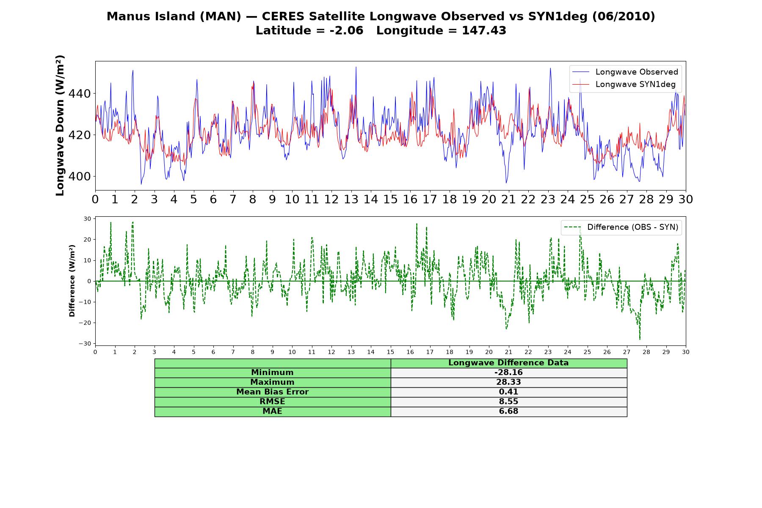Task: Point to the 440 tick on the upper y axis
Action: click(80, 94)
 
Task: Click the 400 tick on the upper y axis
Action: click(80, 177)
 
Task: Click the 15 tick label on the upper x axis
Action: click(390, 199)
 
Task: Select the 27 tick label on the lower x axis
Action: click(627, 352)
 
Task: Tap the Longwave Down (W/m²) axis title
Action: click(60, 125)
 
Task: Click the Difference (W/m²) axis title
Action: click(72, 281)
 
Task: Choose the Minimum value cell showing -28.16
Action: click(508, 373)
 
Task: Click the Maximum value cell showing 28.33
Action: click(508, 382)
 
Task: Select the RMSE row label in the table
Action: click(272, 402)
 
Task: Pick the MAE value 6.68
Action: click(508, 411)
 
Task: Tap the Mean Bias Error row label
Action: click(272, 392)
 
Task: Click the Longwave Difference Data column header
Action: click(508, 363)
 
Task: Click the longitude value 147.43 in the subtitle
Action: click(484, 30)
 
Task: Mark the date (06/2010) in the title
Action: click(624, 17)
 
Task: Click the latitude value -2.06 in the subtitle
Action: click(346, 30)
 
